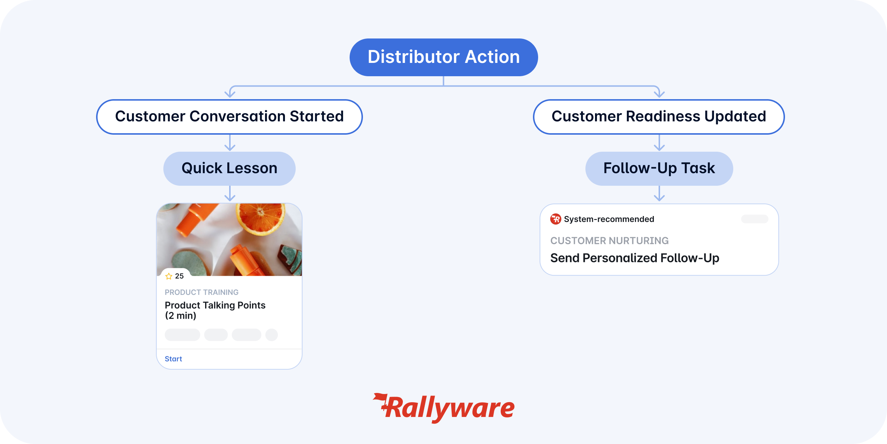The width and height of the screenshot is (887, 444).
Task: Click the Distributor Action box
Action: [443, 57]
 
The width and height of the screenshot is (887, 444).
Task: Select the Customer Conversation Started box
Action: [230, 117]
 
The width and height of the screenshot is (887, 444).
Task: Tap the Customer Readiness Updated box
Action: [659, 117]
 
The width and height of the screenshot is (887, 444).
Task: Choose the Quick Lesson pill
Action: [230, 168]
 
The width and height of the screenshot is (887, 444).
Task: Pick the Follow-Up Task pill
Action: [659, 168]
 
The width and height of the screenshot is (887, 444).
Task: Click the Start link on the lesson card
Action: [173, 359]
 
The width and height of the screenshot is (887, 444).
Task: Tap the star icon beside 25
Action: [169, 276]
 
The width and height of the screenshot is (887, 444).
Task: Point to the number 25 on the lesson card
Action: [179, 276]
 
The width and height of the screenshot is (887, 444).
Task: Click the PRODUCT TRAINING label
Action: [201, 292]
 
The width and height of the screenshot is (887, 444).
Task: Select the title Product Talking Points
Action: [215, 305]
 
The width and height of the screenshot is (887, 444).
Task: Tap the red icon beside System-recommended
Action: [555, 219]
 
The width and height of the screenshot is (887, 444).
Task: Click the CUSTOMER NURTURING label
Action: [609, 241]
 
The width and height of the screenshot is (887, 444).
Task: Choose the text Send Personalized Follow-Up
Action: [635, 258]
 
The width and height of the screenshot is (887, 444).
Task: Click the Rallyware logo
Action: [443, 408]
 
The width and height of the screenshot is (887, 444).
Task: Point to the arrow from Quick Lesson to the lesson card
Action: [230, 193]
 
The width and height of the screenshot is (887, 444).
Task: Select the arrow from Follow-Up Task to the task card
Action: [659, 193]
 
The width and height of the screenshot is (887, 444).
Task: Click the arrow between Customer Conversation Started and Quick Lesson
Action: [230, 142]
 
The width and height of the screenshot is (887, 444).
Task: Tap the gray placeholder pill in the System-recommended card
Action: [755, 219]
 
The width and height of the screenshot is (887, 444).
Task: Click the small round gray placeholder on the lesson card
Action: [272, 335]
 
